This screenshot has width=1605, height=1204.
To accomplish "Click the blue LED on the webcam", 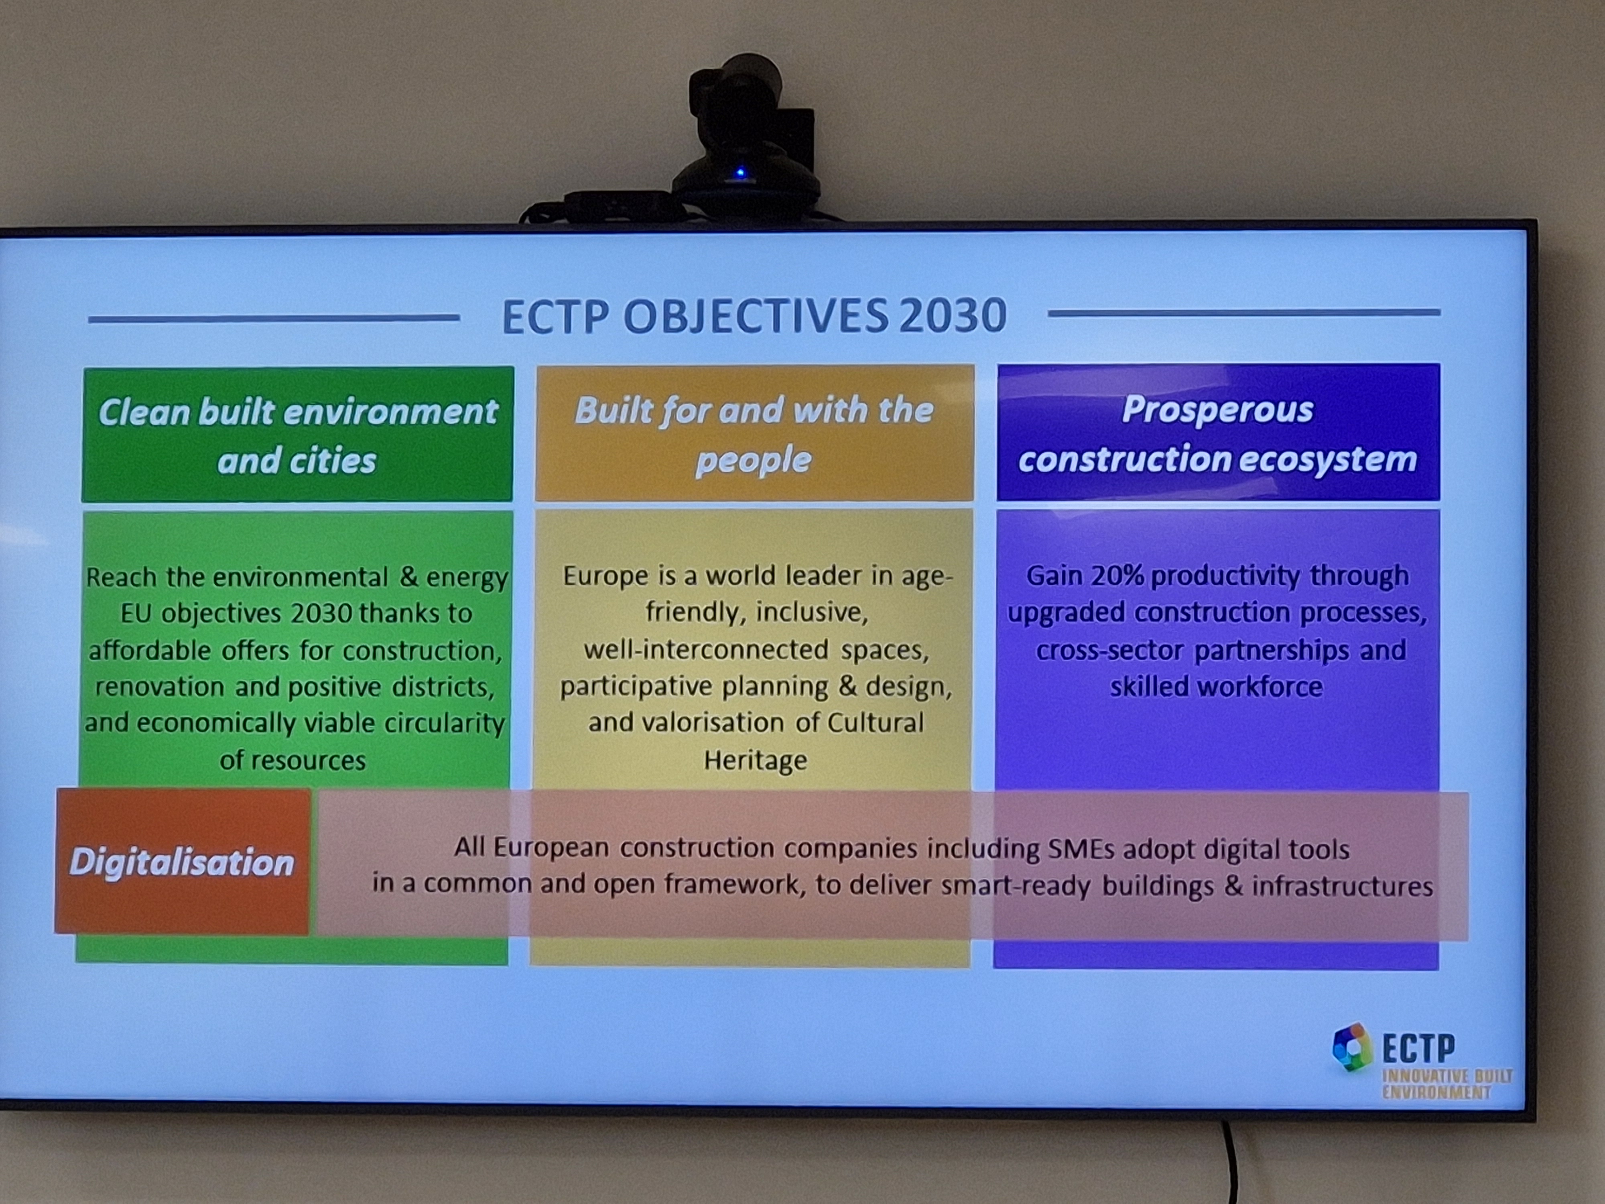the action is [740, 173].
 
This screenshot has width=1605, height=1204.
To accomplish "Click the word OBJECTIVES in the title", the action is [755, 316].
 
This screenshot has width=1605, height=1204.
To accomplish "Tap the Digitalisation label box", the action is [182, 861].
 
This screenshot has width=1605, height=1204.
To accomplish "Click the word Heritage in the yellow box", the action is [755, 760].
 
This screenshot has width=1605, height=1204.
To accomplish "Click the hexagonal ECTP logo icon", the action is [1353, 1047].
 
